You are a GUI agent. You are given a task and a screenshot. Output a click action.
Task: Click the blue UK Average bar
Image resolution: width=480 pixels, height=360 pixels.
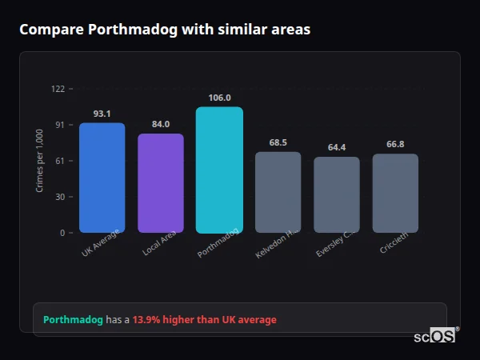coord(102,178)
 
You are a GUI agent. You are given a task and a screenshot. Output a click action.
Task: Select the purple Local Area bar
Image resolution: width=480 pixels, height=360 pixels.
coord(160,183)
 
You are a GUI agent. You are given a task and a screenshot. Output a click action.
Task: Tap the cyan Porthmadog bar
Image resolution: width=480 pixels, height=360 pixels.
coord(219,170)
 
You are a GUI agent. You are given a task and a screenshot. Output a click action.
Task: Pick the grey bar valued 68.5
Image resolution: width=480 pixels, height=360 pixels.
coord(278,192)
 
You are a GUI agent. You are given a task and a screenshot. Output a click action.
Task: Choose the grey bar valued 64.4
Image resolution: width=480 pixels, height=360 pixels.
coord(336,194)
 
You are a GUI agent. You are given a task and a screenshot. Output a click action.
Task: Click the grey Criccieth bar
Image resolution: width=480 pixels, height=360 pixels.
coord(395,193)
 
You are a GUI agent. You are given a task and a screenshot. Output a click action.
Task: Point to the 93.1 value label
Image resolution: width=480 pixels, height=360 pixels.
coord(102,114)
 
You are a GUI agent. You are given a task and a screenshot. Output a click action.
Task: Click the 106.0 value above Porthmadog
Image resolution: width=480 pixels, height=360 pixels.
coord(219,98)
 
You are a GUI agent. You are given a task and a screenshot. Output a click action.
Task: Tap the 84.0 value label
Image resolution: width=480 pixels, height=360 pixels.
coord(160,124)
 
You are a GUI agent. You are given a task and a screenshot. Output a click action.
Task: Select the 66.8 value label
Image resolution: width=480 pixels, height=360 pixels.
coord(395,144)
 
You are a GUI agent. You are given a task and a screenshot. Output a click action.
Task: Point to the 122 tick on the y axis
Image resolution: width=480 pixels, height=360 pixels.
coord(58,89)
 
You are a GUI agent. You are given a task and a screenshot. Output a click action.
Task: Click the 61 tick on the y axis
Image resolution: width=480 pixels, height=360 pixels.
coord(59,161)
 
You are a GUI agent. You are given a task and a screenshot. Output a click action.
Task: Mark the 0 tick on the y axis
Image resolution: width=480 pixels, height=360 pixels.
coord(62,233)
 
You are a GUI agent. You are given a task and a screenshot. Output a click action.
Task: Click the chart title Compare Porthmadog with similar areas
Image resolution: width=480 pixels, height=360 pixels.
coord(165,30)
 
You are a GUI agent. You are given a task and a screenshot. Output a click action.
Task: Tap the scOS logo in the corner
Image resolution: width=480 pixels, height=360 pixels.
coord(435,336)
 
